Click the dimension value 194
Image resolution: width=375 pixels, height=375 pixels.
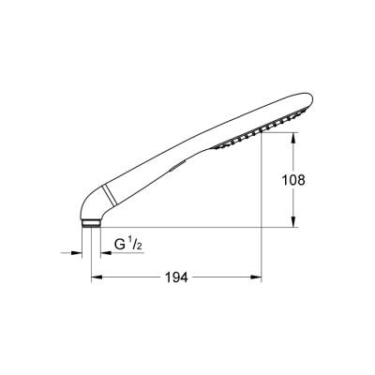176,277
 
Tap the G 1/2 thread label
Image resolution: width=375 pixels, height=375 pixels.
128,246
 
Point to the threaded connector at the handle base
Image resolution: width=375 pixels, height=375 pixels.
89,222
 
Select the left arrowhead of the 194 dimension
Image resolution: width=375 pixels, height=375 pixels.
96,277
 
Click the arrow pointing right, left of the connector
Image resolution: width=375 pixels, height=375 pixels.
76,251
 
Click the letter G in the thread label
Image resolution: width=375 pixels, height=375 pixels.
120,246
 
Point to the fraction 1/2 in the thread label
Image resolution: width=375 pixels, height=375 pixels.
136,245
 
